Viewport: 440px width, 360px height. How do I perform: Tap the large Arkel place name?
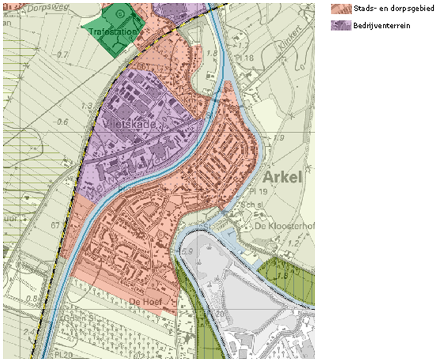(283, 178)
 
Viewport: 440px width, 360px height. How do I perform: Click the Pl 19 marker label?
(258, 190)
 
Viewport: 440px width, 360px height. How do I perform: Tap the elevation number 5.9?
(187, 251)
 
